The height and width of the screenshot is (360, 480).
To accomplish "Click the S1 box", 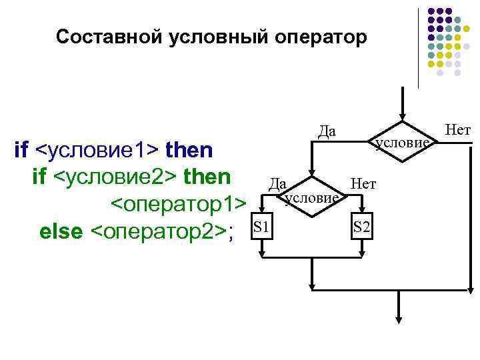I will point(262,228).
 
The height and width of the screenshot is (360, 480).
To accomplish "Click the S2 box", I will point(362,228).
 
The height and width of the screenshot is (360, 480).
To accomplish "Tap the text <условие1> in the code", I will point(97,150).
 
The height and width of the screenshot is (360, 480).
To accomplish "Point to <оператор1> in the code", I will point(178,204).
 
